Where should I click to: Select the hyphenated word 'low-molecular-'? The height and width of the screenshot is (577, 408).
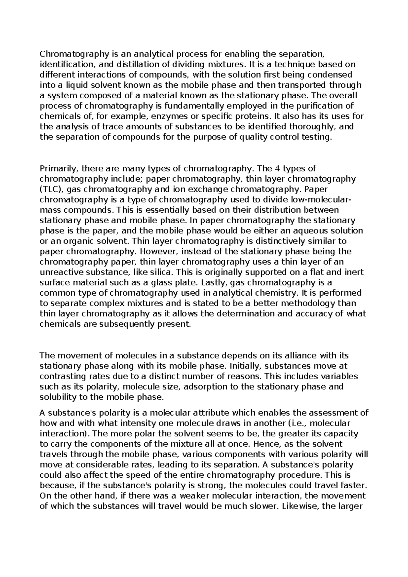pyautogui.click(x=316, y=200)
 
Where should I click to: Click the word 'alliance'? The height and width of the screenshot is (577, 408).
pyautogui.click(x=298, y=356)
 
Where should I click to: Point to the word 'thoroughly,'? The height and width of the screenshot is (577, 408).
pyautogui.click(x=317, y=127)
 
